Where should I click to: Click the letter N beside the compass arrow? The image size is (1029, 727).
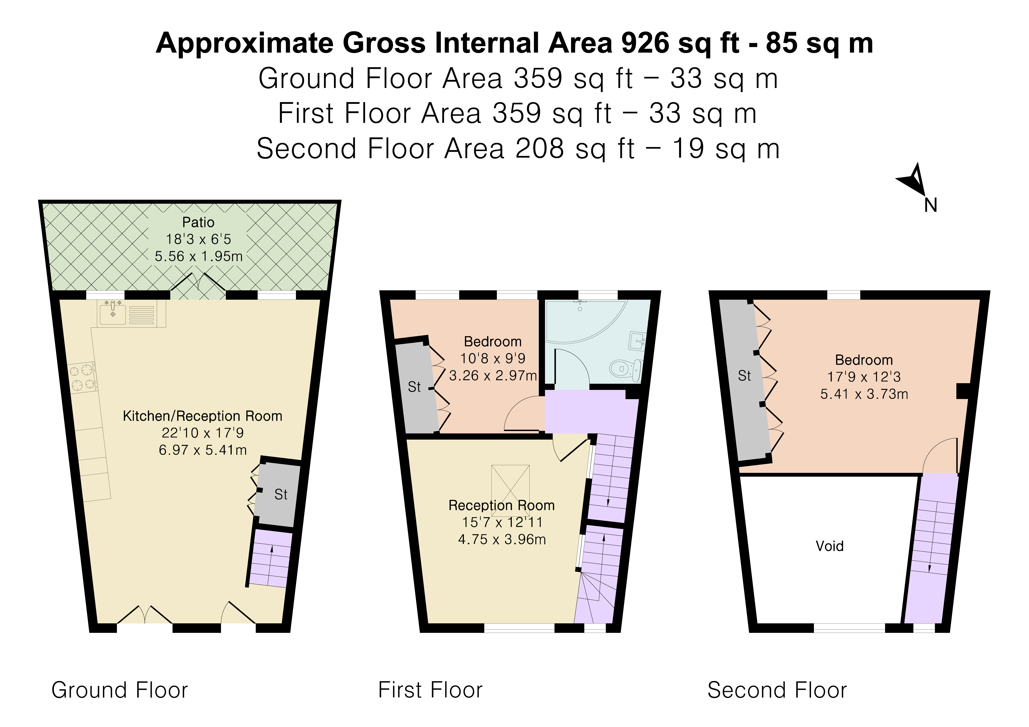pos(930,205)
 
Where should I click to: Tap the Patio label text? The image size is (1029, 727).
pos(198,222)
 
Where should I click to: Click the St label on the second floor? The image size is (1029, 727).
pos(744,376)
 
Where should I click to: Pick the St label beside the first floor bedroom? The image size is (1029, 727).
pos(414,387)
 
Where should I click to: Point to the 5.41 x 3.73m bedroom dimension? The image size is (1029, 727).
pos(864,394)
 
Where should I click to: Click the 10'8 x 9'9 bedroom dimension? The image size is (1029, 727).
pos(493,359)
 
